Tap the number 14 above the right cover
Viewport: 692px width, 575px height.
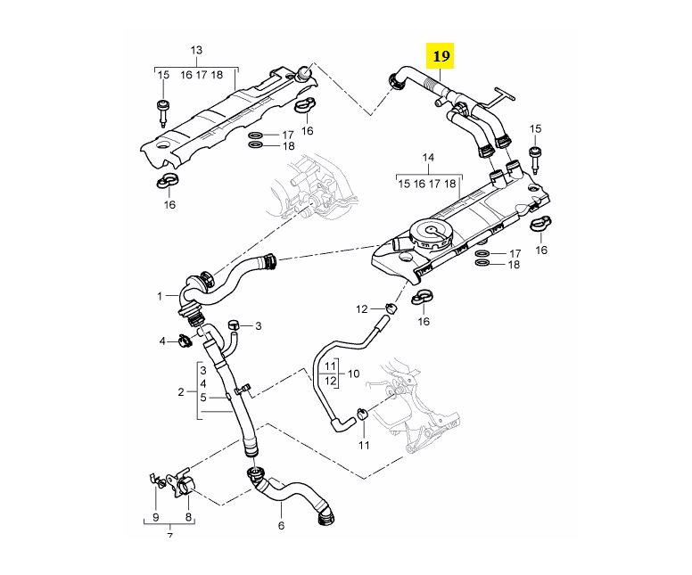(x=428, y=158)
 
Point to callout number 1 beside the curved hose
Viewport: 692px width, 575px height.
(x=161, y=295)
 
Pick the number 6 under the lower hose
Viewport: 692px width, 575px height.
(x=281, y=525)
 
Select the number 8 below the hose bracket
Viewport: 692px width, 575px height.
(x=188, y=516)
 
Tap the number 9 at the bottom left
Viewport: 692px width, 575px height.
(x=155, y=516)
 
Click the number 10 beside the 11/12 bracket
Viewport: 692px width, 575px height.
(x=353, y=374)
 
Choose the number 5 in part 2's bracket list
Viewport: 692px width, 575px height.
(x=203, y=398)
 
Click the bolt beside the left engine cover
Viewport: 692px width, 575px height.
(x=163, y=111)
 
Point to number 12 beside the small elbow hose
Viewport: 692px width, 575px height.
(x=362, y=309)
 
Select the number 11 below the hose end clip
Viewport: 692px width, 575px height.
(x=363, y=444)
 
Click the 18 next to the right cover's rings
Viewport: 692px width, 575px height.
(x=514, y=265)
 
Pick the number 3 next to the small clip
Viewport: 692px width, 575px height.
(x=259, y=326)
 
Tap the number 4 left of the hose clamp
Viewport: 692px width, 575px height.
(x=163, y=341)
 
